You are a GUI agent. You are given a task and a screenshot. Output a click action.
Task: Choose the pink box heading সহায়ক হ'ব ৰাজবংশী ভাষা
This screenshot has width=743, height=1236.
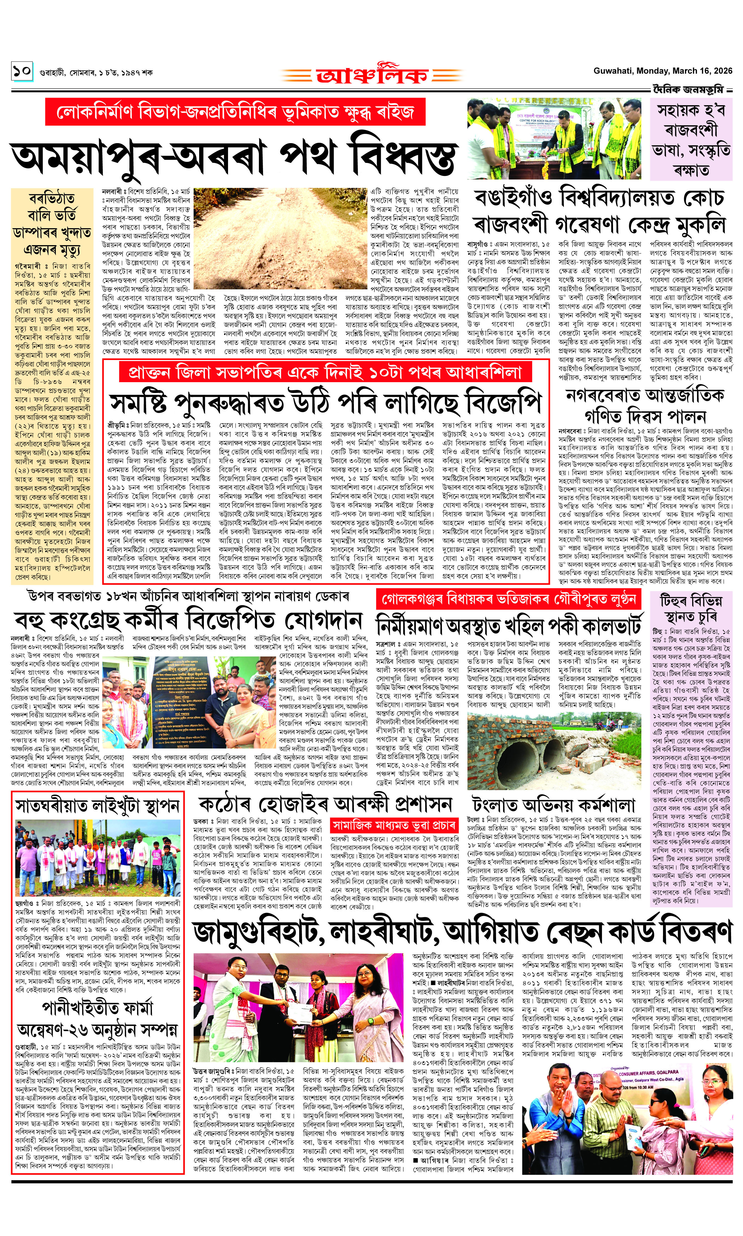691,139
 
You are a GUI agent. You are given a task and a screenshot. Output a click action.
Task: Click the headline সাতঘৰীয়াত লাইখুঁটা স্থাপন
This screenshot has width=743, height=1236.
97,806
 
